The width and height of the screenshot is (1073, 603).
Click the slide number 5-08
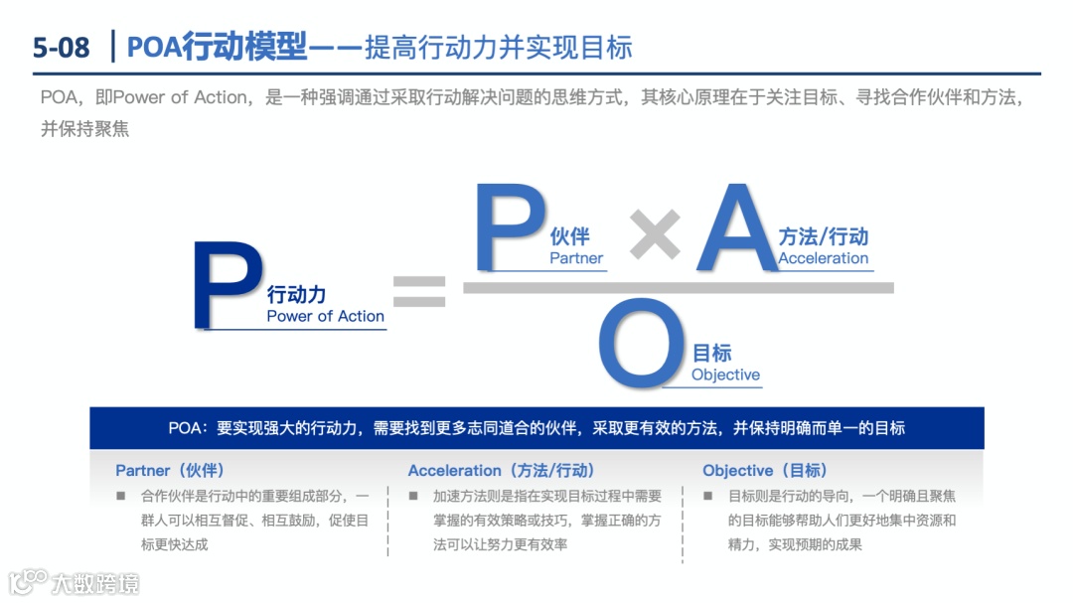click(61, 47)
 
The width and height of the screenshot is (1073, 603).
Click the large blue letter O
click(642, 346)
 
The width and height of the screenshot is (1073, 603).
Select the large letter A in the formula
click(736, 229)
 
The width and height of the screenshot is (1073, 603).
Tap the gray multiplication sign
click(655, 234)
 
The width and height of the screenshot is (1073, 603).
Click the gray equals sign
click(419, 290)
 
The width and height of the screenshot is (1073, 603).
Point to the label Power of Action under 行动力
click(325, 316)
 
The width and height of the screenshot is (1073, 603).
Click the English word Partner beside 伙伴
click(576, 258)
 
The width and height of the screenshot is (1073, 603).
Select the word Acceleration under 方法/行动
click(823, 258)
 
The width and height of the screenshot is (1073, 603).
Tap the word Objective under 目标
click(725, 375)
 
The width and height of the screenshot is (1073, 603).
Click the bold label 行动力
click(296, 294)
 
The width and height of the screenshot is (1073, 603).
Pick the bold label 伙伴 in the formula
click(569, 235)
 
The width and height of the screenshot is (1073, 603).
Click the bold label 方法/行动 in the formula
click(823, 236)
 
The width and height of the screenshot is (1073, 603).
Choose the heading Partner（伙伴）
click(169, 470)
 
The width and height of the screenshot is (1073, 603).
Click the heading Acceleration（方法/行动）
click(501, 470)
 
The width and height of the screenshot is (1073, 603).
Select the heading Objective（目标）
click(764, 470)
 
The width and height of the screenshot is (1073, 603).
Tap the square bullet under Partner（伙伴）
click(121, 496)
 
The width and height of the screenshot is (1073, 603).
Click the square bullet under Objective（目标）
click(708, 496)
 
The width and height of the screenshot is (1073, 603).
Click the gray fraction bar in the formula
click(679, 288)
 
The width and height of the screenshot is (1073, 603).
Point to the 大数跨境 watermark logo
click(75, 582)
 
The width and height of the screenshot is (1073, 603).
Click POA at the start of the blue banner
click(186, 428)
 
